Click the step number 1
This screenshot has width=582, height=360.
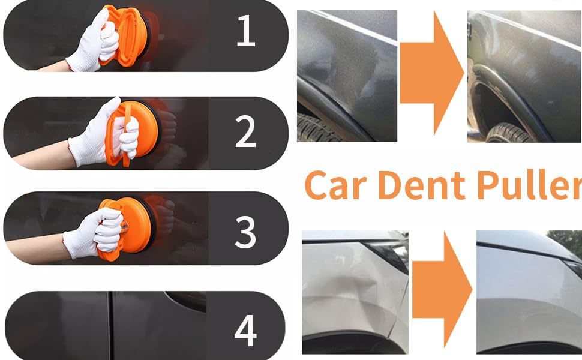click(246, 31)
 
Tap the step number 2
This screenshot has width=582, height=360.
click(246, 131)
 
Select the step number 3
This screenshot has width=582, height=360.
click(246, 232)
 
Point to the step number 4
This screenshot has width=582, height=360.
click(246, 331)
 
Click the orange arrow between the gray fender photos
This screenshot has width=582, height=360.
click(431, 73)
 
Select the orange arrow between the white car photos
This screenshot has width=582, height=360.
click(442, 289)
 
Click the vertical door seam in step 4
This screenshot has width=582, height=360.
click(110, 325)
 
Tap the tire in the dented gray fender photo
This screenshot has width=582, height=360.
click(316, 128)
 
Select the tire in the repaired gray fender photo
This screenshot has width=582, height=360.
click(511, 134)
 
